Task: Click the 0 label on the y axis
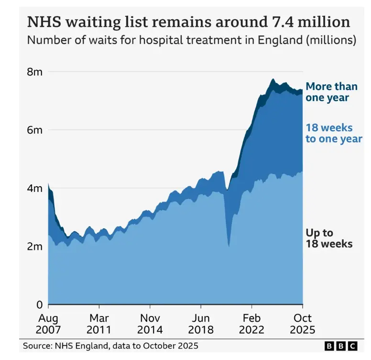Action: pos(40,304)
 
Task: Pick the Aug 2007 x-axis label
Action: pos(48,324)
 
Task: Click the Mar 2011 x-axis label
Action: pos(99,324)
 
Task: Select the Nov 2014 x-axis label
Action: pos(150,324)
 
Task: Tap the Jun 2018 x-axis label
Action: pos(200,324)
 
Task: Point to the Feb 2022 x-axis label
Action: pos(251,324)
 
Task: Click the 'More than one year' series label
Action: pos(331,92)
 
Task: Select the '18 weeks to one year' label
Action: pos(334,134)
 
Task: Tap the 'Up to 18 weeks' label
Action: pos(329,238)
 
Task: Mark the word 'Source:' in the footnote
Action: pos(38,346)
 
